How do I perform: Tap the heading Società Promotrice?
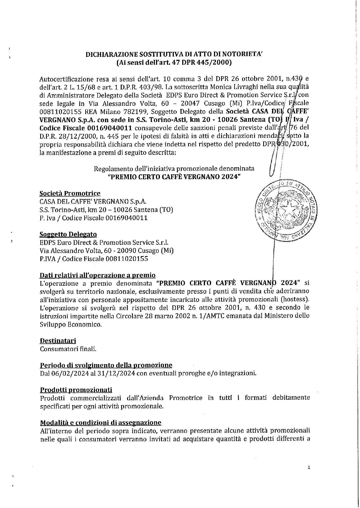click(70, 193)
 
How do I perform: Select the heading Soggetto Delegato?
click(68, 234)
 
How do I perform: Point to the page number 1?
click(309, 468)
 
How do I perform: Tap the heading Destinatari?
click(58, 341)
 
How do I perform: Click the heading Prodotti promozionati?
click(76, 390)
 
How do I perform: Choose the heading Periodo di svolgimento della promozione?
click(106, 365)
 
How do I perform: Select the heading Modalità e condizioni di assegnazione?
click(101, 422)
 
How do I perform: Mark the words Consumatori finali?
click(68, 349)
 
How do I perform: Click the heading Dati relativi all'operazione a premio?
click(97, 275)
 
